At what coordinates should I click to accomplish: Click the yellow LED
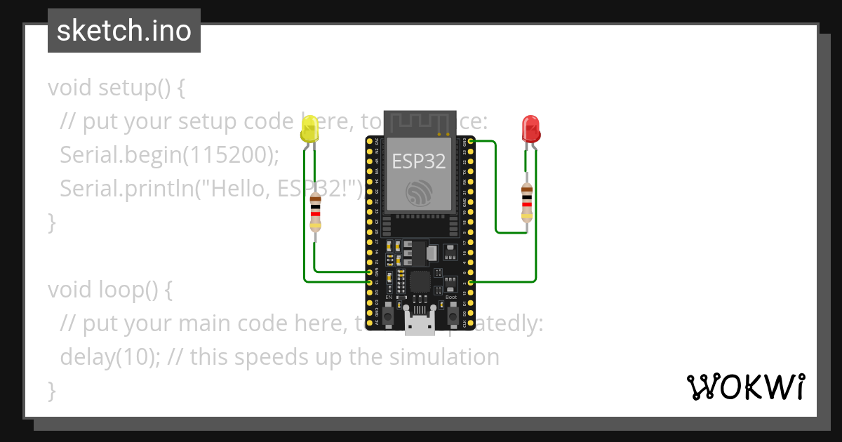pyautogui.click(x=309, y=130)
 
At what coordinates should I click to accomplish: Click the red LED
pyautogui.click(x=531, y=129)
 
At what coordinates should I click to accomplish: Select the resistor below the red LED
pyautogui.click(x=526, y=202)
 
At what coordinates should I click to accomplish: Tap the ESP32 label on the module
pyautogui.click(x=419, y=161)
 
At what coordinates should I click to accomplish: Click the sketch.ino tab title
pyautogui.click(x=124, y=31)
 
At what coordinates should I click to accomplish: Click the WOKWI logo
pyautogui.click(x=745, y=387)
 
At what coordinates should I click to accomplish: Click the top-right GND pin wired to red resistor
pyautogui.click(x=471, y=141)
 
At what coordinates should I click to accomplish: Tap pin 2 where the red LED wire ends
pyautogui.click(x=471, y=281)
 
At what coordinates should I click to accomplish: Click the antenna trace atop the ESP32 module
pyautogui.click(x=419, y=123)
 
